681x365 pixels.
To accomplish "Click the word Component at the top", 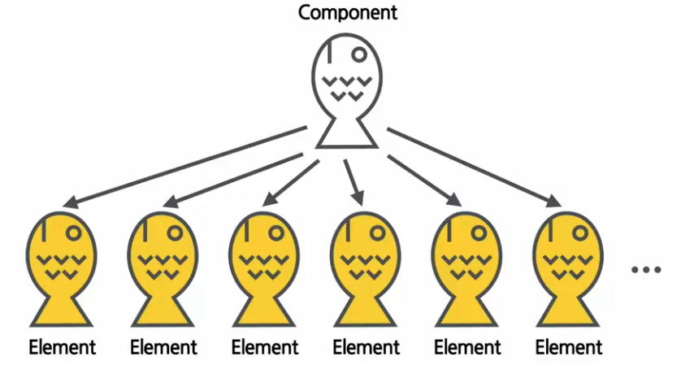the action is pyautogui.click(x=347, y=13).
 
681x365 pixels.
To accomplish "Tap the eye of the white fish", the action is pyautogui.click(x=358, y=55).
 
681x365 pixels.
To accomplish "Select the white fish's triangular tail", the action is pyautogui.click(x=346, y=135).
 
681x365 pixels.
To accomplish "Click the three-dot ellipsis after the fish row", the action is pyautogui.click(x=647, y=269).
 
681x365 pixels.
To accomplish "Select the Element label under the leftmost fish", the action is pyautogui.click(x=62, y=348).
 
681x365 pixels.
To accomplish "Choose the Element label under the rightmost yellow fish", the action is pyautogui.click(x=569, y=348).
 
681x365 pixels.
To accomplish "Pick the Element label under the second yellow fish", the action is pyautogui.click(x=163, y=348).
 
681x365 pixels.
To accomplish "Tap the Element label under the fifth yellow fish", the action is pyautogui.click(x=467, y=348).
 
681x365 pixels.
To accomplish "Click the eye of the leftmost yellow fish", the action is pyautogui.click(x=74, y=232).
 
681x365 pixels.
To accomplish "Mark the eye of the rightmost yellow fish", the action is pyautogui.click(x=581, y=232).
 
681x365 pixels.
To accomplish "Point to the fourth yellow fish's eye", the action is pyautogui.click(x=378, y=232).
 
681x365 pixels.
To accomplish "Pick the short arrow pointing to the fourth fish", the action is pyautogui.click(x=352, y=180).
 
